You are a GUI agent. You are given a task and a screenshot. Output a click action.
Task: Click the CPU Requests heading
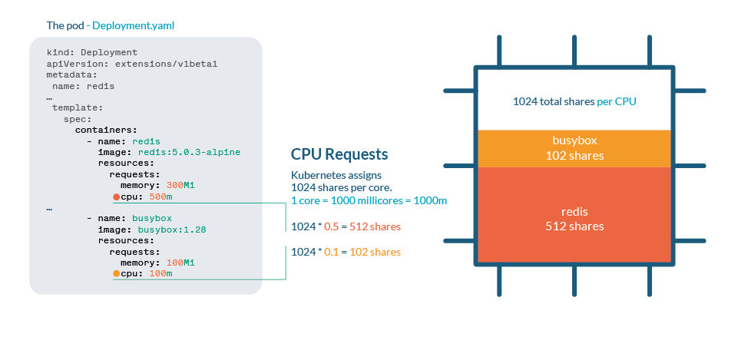pos(339,154)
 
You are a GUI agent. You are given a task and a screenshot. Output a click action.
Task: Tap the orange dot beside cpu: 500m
pos(116,197)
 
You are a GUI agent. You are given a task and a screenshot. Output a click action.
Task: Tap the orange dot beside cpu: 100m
pos(116,274)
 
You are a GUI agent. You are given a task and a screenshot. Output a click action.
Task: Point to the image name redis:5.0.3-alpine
pos(189,152)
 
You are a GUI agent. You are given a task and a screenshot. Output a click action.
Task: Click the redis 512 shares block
pos(574,219)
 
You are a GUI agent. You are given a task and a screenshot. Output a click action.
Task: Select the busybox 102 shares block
pos(574,149)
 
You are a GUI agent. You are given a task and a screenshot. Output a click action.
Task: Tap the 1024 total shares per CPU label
pos(574,101)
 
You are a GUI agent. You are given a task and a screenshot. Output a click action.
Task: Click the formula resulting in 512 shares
pos(346,226)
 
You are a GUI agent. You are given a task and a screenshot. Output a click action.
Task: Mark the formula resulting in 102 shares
pos(346,252)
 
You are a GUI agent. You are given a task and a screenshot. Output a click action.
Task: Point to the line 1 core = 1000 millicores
pos(369,201)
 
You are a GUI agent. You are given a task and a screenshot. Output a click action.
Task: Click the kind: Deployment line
pos(87,53)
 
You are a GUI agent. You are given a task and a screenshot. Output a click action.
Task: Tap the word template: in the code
pos(78,108)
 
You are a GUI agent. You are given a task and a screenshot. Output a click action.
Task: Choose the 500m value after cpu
pos(160,197)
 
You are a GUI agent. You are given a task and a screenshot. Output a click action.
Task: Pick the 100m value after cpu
pos(160,274)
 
